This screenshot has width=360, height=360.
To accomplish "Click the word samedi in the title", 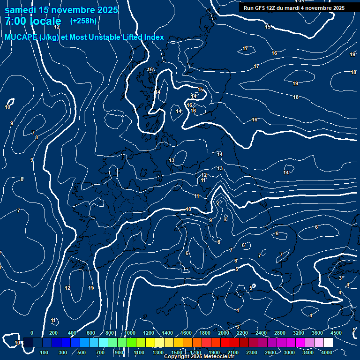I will click(x=21, y=10).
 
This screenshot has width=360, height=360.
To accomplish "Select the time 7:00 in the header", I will click(x=15, y=21).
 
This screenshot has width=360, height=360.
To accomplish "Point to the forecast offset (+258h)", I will click(x=83, y=21).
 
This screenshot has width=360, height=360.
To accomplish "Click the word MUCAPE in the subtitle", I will click(x=19, y=37).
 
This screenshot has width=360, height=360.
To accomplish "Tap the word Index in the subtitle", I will click(x=154, y=37).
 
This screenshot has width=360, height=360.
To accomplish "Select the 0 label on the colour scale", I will click(x=32, y=333).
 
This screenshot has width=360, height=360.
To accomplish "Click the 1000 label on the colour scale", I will click(x=130, y=333).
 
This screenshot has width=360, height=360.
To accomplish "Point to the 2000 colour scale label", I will click(x=224, y=333).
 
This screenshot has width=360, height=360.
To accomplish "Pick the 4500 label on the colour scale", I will click(x=336, y=333).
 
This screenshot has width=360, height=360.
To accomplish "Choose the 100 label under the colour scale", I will click(x=45, y=352).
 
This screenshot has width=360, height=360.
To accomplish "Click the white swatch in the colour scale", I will click(x=328, y=343).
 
